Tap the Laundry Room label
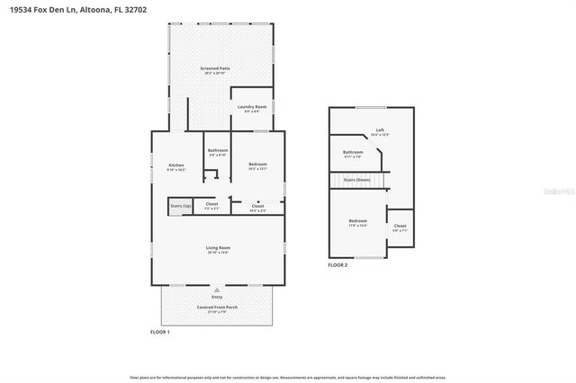[252, 107]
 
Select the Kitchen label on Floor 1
[176, 165]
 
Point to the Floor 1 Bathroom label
[218, 150]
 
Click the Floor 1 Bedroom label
[257, 165]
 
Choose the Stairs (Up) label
[180, 206]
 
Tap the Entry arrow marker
[217, 289]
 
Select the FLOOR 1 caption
[159, 332]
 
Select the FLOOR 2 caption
[337, 265]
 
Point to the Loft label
[380, 129]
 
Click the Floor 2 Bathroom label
[353, 152]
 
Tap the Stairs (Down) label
[357, 180]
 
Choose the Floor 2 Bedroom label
[357, 221]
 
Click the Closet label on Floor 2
[400, 227]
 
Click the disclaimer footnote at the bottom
[287, 379]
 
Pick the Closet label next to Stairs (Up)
[211, 204]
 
